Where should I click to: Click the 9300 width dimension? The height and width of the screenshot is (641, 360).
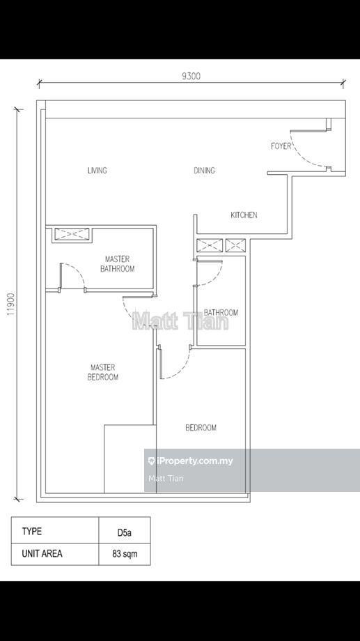pos(191,76)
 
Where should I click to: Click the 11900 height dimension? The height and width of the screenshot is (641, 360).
pos(10,304)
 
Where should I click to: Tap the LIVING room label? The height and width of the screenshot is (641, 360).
pos(97,171)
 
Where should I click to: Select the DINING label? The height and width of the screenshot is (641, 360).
pos(204,171)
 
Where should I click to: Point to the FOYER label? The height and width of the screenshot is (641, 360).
pos(281,146)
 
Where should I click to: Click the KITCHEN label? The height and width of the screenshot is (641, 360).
pos(244,215)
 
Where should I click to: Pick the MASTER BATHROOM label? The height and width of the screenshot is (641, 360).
pos(117,264)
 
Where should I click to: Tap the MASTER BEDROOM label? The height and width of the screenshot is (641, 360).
pos(103,373)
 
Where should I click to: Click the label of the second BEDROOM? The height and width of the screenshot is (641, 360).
pos(201,428)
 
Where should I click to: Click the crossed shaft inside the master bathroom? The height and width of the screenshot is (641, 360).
pos(72,234)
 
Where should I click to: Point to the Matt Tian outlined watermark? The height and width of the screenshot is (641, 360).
pos(180,321)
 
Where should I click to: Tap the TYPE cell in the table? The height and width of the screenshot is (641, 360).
pos(31,532)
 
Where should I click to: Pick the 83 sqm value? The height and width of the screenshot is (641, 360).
pos(125,555)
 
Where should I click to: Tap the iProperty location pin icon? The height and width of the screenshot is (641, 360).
pos(152,461)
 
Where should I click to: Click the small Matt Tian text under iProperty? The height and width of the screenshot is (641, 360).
pos(166,478)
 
